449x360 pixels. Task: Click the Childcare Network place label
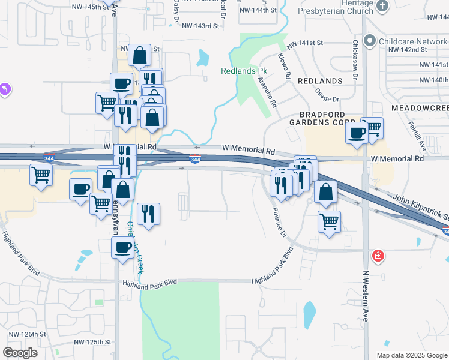413,42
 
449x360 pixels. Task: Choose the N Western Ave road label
365,296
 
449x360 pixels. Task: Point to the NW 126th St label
27,334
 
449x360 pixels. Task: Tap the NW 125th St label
93,342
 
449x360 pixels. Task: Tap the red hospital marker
378,256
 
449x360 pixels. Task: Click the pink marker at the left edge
5,89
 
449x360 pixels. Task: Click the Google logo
20,353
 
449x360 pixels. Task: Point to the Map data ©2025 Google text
411,355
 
